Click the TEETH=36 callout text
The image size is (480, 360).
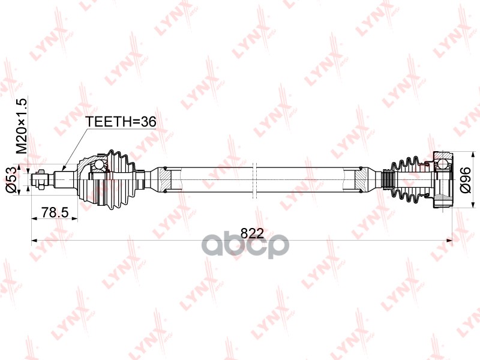121,121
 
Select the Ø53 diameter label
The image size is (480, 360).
20,179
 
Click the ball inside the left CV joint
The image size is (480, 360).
99,166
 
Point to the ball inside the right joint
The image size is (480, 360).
442,161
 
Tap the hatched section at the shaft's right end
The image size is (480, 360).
361,178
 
